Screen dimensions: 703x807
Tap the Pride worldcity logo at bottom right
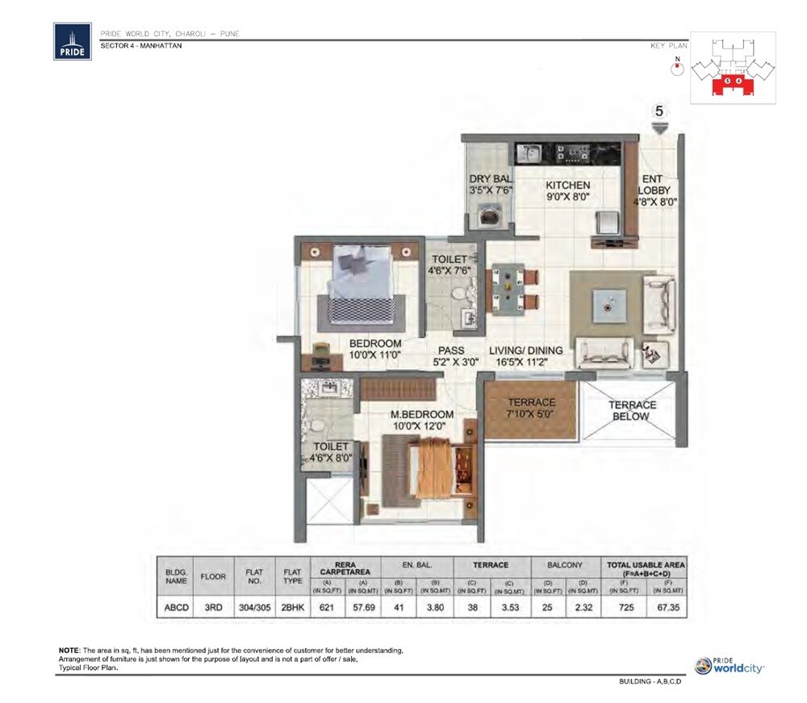click(x=730, y=666)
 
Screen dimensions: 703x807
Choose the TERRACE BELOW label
click(x=632, y=411)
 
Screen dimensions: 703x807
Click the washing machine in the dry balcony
click(x=489, y=216)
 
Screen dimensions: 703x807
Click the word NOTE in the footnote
click(x=68, y=650)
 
